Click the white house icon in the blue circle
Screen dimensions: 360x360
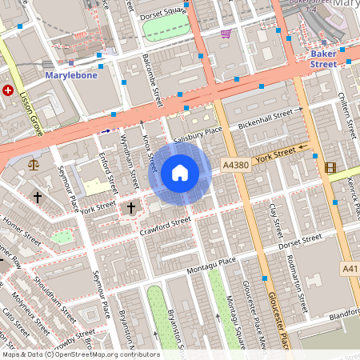(180, 173)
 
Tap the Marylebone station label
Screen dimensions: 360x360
(70, 74)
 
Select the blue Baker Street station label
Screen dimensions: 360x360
(322, 58)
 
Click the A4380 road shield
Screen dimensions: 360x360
(236, 165)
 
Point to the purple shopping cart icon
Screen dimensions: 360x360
(226, 34)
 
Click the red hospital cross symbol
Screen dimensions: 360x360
(8, 90)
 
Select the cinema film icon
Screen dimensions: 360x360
(330, 166)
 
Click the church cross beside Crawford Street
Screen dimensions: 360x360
(131, 208)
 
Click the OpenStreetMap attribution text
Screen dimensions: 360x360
(80, 354)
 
